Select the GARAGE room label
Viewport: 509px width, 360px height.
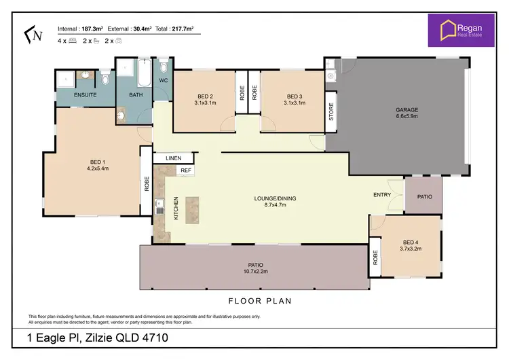tap(407, 109)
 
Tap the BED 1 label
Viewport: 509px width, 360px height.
tap(96, 162)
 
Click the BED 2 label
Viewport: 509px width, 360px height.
tap(206, 96)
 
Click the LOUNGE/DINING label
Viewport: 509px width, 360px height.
tap(275, 198)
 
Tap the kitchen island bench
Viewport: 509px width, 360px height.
tap(193, 209)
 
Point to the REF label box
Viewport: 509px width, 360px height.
tap(185, 170)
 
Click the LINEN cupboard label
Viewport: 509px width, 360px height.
tap(173, 158)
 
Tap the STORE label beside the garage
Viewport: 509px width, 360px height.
tap(331, 111)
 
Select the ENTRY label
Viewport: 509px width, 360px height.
tap(381, 195)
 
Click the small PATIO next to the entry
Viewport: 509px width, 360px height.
tap(424, 196)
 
